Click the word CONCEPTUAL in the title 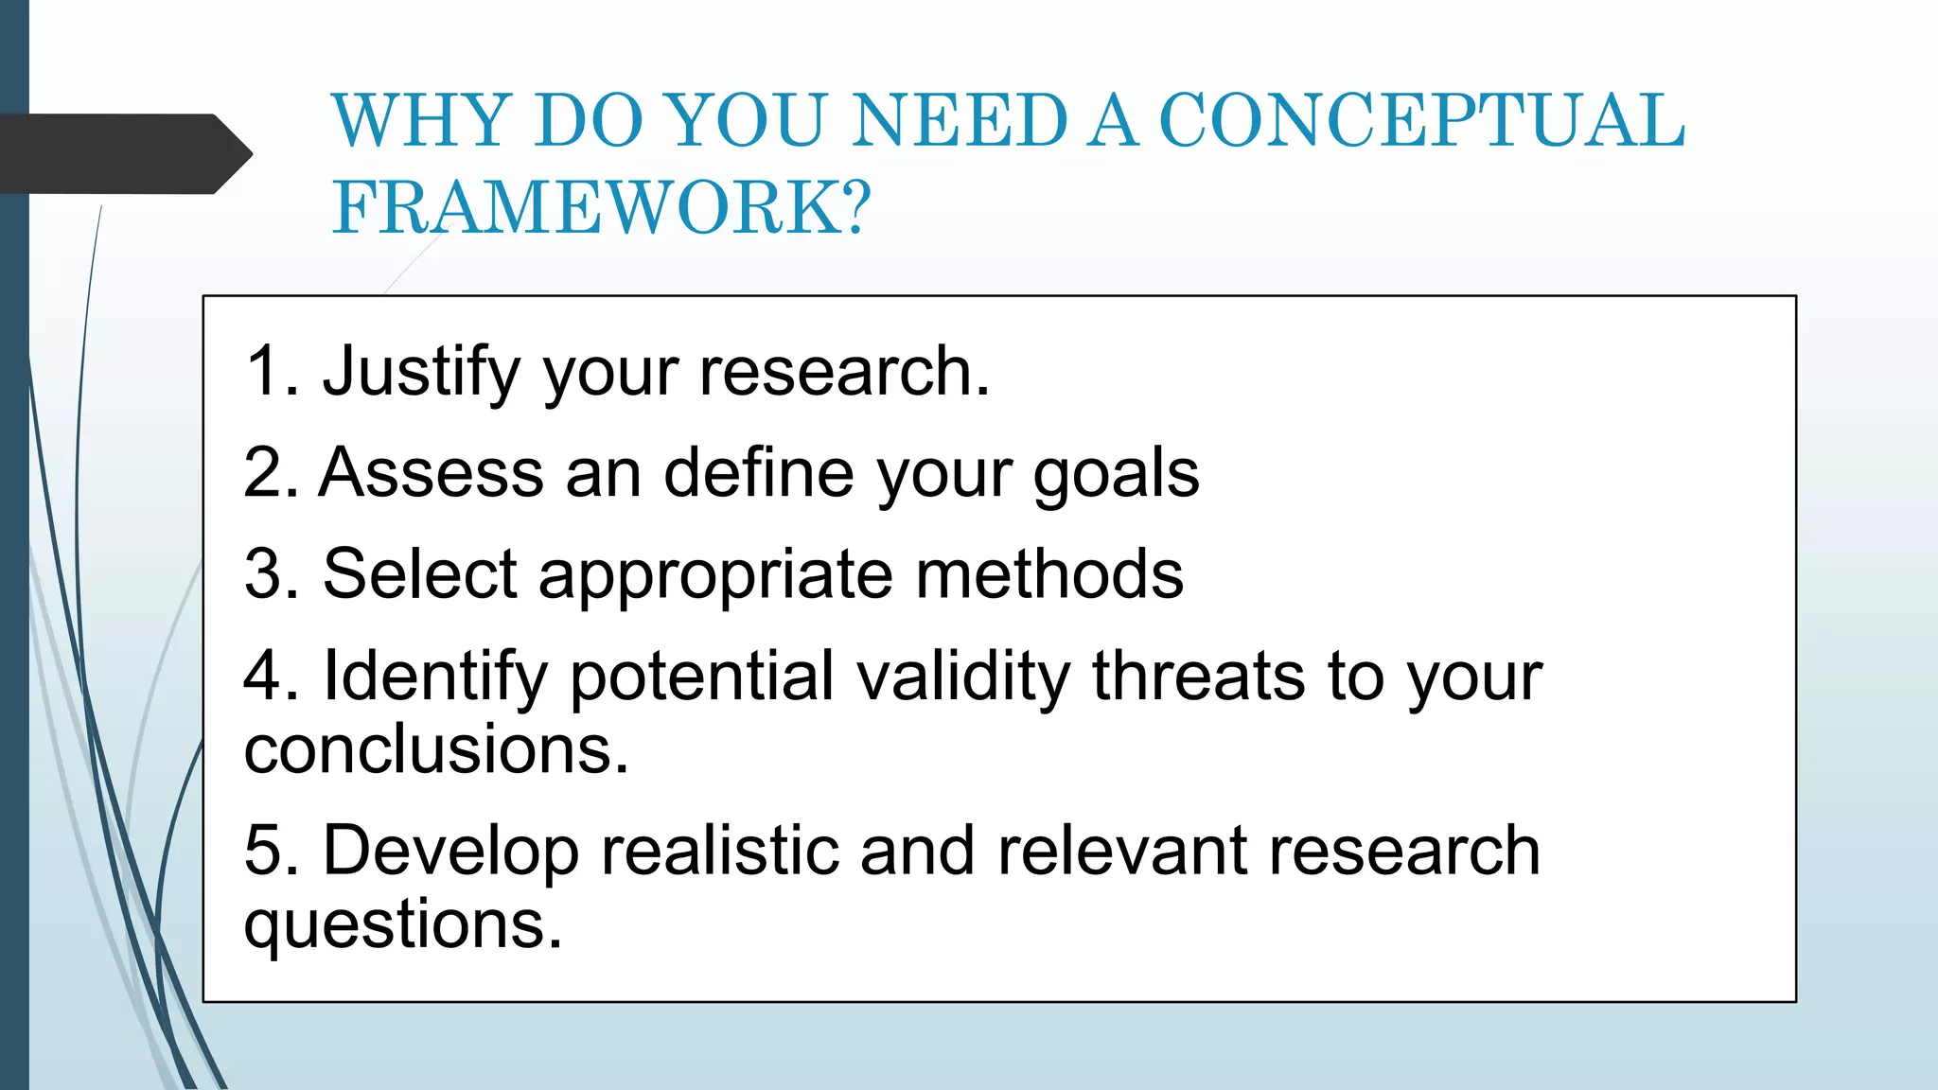point(1421,121)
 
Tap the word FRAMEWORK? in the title point(602,208)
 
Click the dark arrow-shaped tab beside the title point(123,154)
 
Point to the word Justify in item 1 point(421,372)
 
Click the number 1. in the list point(272,371)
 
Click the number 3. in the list point(272,573)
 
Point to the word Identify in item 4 point(436,677)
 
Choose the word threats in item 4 point(1198,676)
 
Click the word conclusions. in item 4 point(436,749)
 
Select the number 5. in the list point(272,850)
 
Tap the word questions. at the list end point(403,925)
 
